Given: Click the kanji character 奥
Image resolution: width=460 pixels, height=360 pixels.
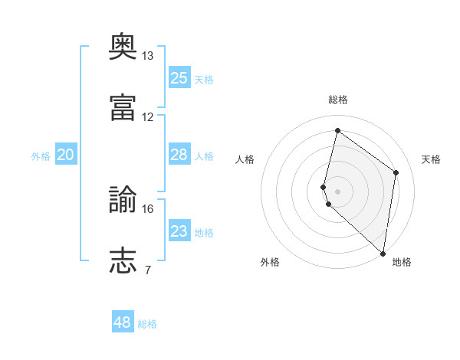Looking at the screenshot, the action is [123, 46].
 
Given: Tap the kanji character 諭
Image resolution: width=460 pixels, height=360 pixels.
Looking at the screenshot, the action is [123, 199].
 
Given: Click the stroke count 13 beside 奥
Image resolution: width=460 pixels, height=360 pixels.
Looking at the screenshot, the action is [147, 56].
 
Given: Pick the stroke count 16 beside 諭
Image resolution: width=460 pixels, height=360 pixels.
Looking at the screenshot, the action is [147, 209].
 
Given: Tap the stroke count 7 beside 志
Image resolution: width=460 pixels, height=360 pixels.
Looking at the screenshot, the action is [148, 270].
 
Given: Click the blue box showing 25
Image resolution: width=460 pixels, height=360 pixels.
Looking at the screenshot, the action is [179, 77].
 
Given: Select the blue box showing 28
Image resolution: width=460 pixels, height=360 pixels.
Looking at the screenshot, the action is [179, 154].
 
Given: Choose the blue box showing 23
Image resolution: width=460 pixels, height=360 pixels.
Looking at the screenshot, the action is [179, 230].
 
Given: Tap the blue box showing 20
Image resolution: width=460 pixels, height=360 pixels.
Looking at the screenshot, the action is [66, 154].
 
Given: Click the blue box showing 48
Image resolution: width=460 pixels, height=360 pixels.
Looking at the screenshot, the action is [123, 321].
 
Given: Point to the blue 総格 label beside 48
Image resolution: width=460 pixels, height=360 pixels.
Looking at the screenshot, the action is [147, 324].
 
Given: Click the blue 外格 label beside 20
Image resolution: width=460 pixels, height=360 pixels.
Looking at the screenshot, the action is [41, 156].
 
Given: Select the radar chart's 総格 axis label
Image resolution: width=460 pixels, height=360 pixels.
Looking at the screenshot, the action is [338, 100].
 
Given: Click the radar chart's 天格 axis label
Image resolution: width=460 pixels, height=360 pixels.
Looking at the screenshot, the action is [431, 159].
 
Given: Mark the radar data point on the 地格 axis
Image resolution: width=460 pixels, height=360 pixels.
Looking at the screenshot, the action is [383, 254].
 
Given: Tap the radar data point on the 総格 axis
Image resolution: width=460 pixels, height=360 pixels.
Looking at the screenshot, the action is [337, 130].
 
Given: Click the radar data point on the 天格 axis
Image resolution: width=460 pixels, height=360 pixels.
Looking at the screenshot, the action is [396, 172].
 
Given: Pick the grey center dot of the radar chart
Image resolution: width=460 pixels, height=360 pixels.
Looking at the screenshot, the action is [337, 191].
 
